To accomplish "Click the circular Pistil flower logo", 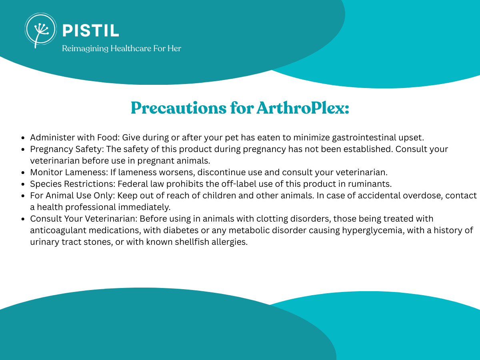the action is [x=41, y=29].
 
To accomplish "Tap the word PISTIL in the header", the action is [x=91, y=31].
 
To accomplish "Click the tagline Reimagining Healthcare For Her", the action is [x=122, y=48].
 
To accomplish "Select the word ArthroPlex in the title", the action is [x=303, y=108].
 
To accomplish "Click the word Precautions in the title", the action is [x=179, y=108].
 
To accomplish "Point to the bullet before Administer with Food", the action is [x=23, y=138].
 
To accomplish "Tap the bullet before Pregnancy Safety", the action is [x=23, y=150].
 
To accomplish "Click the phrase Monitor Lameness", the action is [x=69, y=172].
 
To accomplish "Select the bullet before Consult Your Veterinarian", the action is [x=23, y=219].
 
